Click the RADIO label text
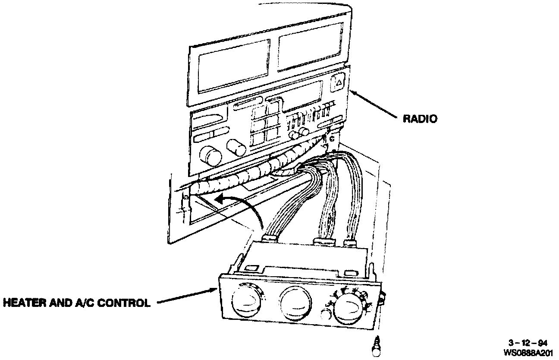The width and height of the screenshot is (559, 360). click(x=420, y=119)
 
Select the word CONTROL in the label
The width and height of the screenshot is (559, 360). click(x=125, y=303)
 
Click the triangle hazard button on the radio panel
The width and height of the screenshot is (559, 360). click(x=339, y=82)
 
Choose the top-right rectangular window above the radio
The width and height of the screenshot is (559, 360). click(x=310, y=52)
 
